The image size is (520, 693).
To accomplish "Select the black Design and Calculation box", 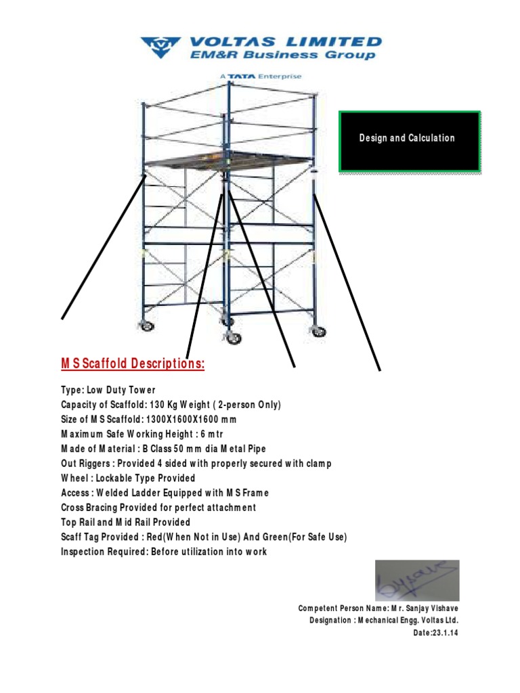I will pyautogui.click(x=410, y=141).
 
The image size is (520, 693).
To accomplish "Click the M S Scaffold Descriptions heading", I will pyautogui.click(x=133, y=364).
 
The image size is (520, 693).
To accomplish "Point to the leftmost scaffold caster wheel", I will pyautogui.click(x=145, y=326).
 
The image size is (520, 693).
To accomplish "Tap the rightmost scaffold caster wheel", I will pyautogui.click(x=317, y=331).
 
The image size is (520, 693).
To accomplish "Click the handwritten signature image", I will pyautogui.click(x=417, y=581).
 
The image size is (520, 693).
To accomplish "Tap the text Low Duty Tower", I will pyautogui.click(x=120, y=390).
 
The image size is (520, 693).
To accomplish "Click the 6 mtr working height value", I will pyautogui.click(x=197, y=434).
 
